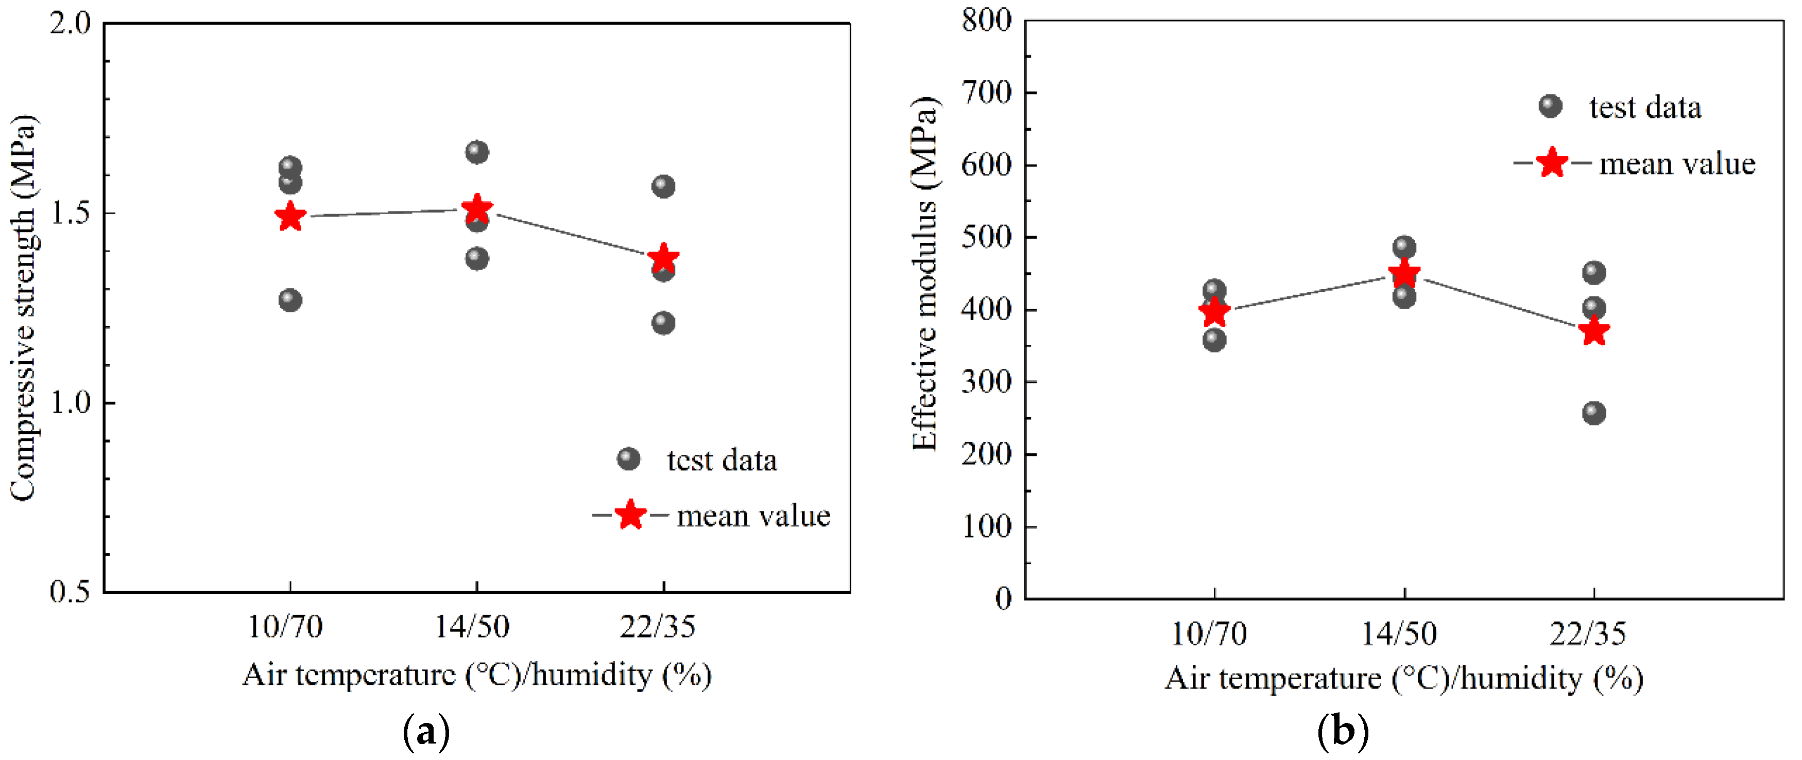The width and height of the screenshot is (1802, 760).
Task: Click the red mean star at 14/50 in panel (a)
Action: coord(477,209)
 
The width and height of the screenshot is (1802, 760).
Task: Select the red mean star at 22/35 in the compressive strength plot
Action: coord(663,258)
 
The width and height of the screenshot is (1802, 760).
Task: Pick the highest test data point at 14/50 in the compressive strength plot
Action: coord(477,152)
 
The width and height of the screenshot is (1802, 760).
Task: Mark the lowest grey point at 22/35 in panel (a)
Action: coord(663,323)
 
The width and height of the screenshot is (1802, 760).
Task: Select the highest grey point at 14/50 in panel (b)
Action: coord(1404,247)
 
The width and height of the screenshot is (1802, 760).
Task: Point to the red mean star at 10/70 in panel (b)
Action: coord(1214,311)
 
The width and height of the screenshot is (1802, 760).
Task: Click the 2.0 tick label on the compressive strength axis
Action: coord(71,23)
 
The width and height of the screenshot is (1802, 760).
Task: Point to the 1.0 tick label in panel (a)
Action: coord(71,403)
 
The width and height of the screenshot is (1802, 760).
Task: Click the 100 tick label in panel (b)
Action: coord(986,526)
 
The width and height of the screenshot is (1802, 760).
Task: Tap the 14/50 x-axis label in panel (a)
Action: coord(473,626)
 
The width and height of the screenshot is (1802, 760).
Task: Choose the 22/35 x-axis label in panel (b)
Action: coord(1588,633)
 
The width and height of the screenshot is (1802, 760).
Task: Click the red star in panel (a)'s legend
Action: coord(630,515)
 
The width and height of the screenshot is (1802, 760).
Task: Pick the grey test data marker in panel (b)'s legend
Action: coord(1550,107)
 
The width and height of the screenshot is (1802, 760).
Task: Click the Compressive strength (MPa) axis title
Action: coord(23,308)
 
